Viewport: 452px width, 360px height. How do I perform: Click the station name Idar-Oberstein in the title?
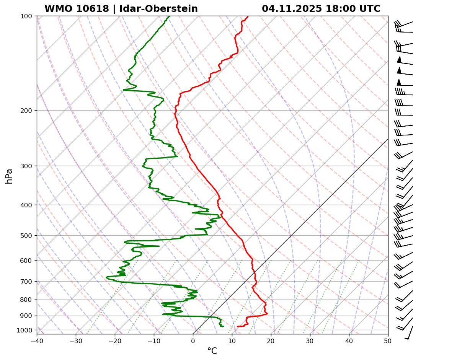(x=158, y=9)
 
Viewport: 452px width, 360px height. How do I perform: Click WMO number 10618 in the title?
(x=77, y=9)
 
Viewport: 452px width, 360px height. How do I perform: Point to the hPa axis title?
(x=9, y=176)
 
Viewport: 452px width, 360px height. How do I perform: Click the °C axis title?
(x=212, y=351)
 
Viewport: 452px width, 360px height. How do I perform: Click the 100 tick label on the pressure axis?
(x=27, y=16)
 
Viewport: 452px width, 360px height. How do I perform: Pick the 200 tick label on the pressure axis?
(x=27, y=111)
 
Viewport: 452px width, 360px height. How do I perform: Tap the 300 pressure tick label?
(x=27, y=166)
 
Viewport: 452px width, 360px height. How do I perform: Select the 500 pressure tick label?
(x=27, y=236)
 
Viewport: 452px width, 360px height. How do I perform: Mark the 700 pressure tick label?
(x=27, y=282)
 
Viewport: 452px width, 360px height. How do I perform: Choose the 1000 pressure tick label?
(x=25, y=330)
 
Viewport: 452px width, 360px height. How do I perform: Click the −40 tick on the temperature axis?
(x=37, y=340)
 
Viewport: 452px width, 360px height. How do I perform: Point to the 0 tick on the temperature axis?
(x=193, y=340)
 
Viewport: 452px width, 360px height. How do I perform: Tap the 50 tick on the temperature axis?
(x=388, y=340)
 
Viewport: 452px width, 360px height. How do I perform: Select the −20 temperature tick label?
(x=115, y=340)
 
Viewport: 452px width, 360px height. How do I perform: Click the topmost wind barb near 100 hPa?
(x=404, y=26)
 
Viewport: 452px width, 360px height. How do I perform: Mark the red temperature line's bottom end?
(x=237, y=326)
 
